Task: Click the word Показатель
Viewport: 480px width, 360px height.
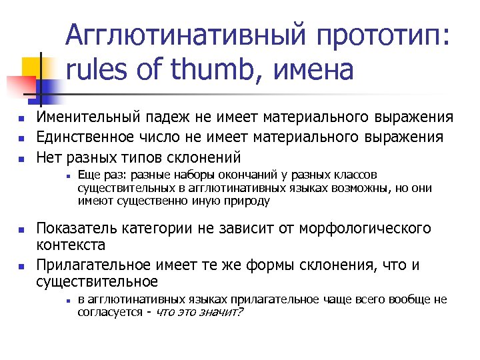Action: (x=75, y=229)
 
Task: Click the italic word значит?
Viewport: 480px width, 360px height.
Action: (x=223, y=311)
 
